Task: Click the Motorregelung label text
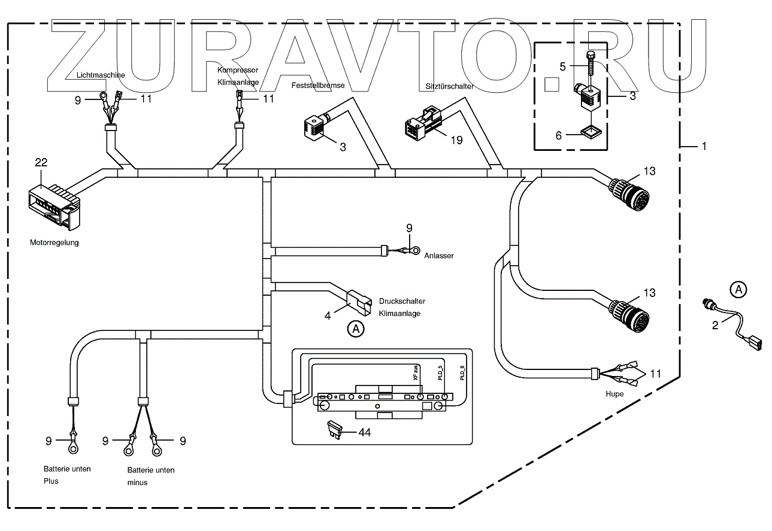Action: point(54,243)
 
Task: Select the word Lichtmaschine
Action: point(101,75)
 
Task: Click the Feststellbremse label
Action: point(318,86)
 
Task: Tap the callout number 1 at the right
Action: point(704,146)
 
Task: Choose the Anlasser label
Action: point(438,256)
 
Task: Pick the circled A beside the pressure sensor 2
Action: point(738,290)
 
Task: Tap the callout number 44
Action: point(364,432)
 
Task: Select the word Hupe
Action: point(614,394)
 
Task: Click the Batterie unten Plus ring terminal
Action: point(72,446)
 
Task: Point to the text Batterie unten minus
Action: point(150,475)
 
